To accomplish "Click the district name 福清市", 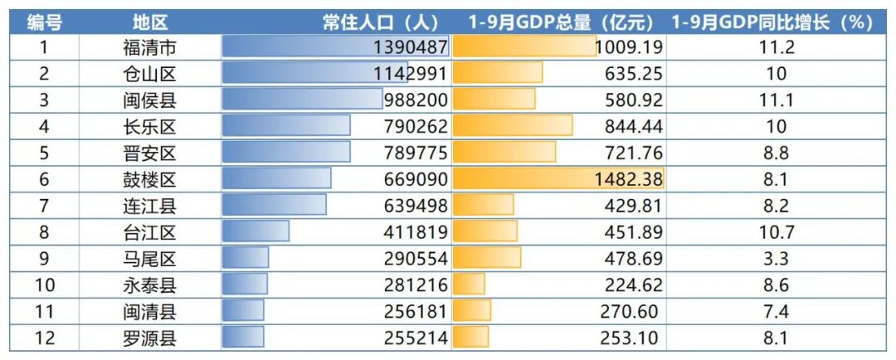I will click(x=150, y=46).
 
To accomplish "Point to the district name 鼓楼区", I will click(x=150, y=179).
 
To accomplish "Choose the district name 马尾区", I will click(x=150, y=259).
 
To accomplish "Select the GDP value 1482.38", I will click(x=629, y=179).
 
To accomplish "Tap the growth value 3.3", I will click(x=776, y=259).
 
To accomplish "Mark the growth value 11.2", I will click(x=776, y=46).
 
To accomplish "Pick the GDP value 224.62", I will click(x=634, y=285).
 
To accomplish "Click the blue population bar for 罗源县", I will click(x=243, y=338).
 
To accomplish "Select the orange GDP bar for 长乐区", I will click(x=513, y=126).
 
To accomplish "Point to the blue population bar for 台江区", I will click(x=256, y=232).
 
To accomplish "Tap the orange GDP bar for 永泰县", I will click(x=470, y=285).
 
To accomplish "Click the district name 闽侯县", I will click(x=150, y=100).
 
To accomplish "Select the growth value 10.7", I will click(x=776, y=232).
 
